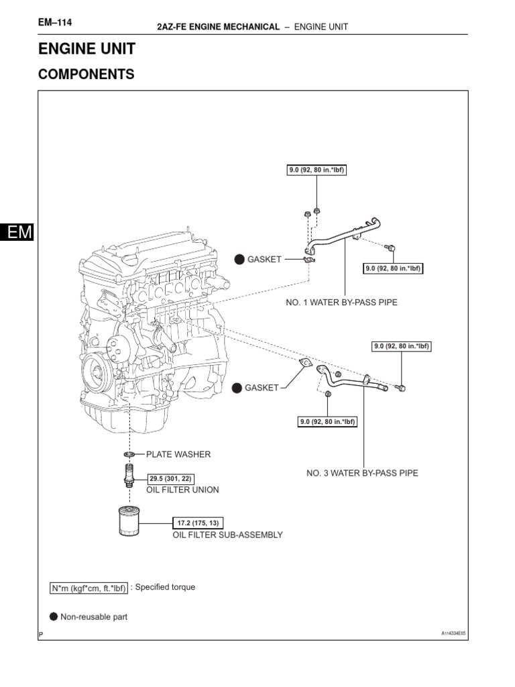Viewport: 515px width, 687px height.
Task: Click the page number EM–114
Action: click(x=55, y=23)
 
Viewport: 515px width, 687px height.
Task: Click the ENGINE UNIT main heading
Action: click(x=87, y=49)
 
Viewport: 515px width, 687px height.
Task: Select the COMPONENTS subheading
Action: click(x=86, y=74)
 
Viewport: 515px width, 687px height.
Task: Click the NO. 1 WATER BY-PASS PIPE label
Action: click(x=342, y=303)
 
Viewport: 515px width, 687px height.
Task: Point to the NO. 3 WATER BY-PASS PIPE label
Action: click(x=362, y=473)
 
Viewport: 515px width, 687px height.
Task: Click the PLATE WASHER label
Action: click(x=178, y=454)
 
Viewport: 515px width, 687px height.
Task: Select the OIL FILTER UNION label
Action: click(x=182, y=490)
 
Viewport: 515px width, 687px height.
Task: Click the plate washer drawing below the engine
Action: click(x=129, y=455)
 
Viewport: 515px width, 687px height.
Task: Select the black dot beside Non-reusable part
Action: click(x=54, y=617)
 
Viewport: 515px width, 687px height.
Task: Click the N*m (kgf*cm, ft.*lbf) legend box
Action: click(x=89, y=588)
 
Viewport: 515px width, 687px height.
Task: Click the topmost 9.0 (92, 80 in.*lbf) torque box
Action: click(x=317, y=170)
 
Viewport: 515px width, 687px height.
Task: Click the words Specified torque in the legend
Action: click(x=165, y=587)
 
